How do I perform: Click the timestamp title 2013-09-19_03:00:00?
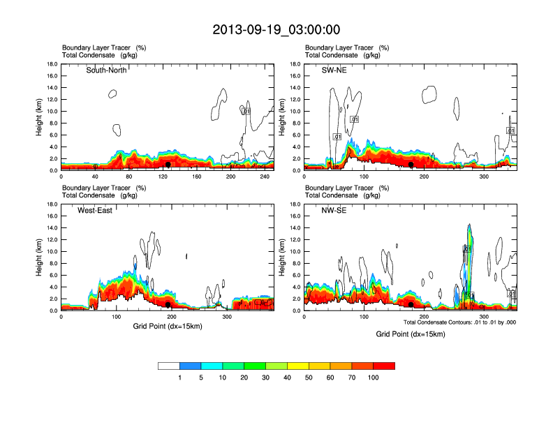tap(276, 29)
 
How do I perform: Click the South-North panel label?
tap(106, 70)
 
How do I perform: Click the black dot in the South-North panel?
tap(168, 165)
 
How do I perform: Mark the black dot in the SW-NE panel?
tap(411, 165)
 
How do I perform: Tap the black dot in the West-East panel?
tap(168, 305)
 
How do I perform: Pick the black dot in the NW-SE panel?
tap(411, 305)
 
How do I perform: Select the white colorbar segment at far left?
tap(169, 366)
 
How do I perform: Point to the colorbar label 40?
tap(287, 377)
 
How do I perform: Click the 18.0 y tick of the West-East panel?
tap(52, 204)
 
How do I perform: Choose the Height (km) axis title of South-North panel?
tap(40, 117)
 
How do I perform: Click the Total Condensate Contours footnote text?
tap(459, 322)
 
